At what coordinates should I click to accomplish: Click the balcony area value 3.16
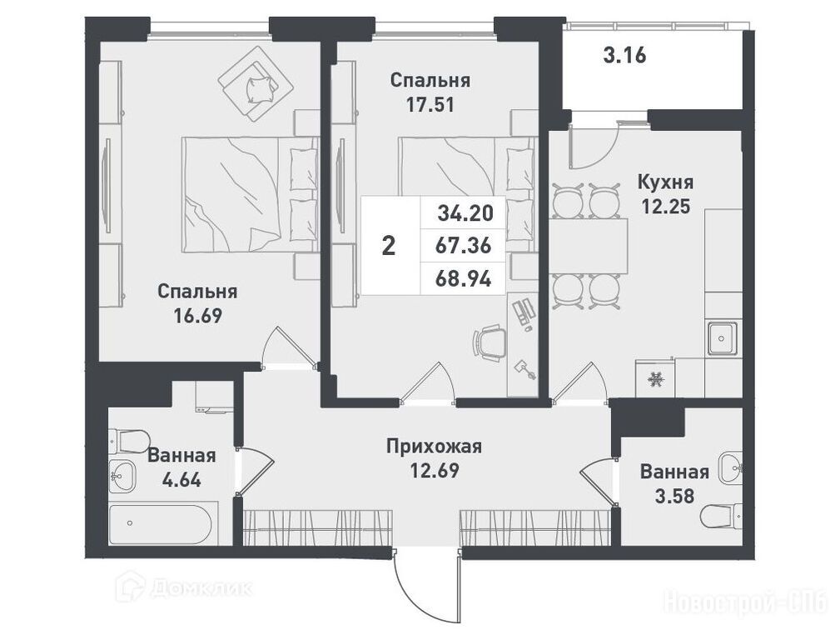point(624,55)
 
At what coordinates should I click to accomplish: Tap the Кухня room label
point(665,182)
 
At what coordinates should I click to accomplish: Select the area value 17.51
point(430,104)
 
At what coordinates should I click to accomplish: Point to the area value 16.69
point(197,316)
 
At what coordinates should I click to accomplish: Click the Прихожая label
point(435,446)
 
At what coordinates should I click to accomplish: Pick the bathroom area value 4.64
point(181,479)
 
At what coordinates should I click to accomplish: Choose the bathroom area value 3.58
point(674,496)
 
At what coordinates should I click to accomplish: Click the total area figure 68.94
point(464,279)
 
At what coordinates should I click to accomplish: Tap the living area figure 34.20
point(465,213)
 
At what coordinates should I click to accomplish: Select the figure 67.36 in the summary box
point(464,246)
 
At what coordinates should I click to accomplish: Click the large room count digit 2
point(389,246)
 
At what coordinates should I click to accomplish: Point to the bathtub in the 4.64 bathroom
point(164,524)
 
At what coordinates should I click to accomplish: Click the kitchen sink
point(722,338)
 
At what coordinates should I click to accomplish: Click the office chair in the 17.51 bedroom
point(490,344)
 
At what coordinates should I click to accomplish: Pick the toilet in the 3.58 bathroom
point(721,516)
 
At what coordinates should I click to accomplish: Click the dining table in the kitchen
point(589,246)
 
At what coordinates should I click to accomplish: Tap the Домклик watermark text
point(201,588)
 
